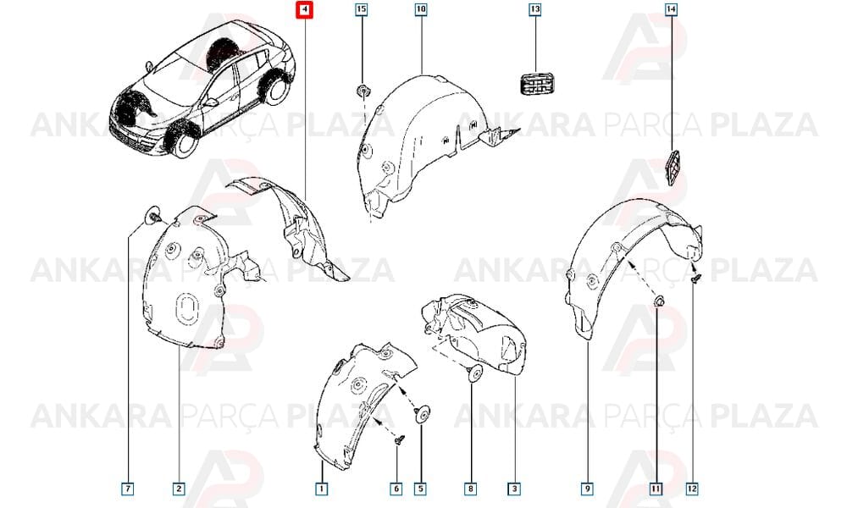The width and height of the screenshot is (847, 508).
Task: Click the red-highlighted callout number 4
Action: (304, 10)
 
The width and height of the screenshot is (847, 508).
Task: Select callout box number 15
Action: (362, 9)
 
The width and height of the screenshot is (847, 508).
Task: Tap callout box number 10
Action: (421, 9)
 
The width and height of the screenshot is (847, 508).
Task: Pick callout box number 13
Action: (534, 9)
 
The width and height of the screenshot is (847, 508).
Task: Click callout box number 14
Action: (671, 9)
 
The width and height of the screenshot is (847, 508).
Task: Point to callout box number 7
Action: (128, 489)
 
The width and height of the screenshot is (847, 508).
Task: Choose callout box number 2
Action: (179, 489)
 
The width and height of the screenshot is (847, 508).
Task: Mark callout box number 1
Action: (321, 489)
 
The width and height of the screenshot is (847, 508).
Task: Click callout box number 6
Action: (396, 489)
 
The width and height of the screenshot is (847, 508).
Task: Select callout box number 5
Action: (420, 489)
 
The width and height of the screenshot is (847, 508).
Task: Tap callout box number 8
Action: (470, 489)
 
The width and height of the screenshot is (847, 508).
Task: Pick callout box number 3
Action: (514, 489)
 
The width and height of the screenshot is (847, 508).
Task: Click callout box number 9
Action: (587, 489)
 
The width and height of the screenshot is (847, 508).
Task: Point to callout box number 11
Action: (656, 489)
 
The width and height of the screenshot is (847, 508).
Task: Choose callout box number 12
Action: (692, 489)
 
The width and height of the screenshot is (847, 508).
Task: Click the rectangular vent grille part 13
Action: (537, 84)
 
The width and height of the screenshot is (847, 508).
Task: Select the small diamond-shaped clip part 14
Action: (673, 168)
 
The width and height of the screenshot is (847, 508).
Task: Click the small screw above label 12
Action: (696, 279)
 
